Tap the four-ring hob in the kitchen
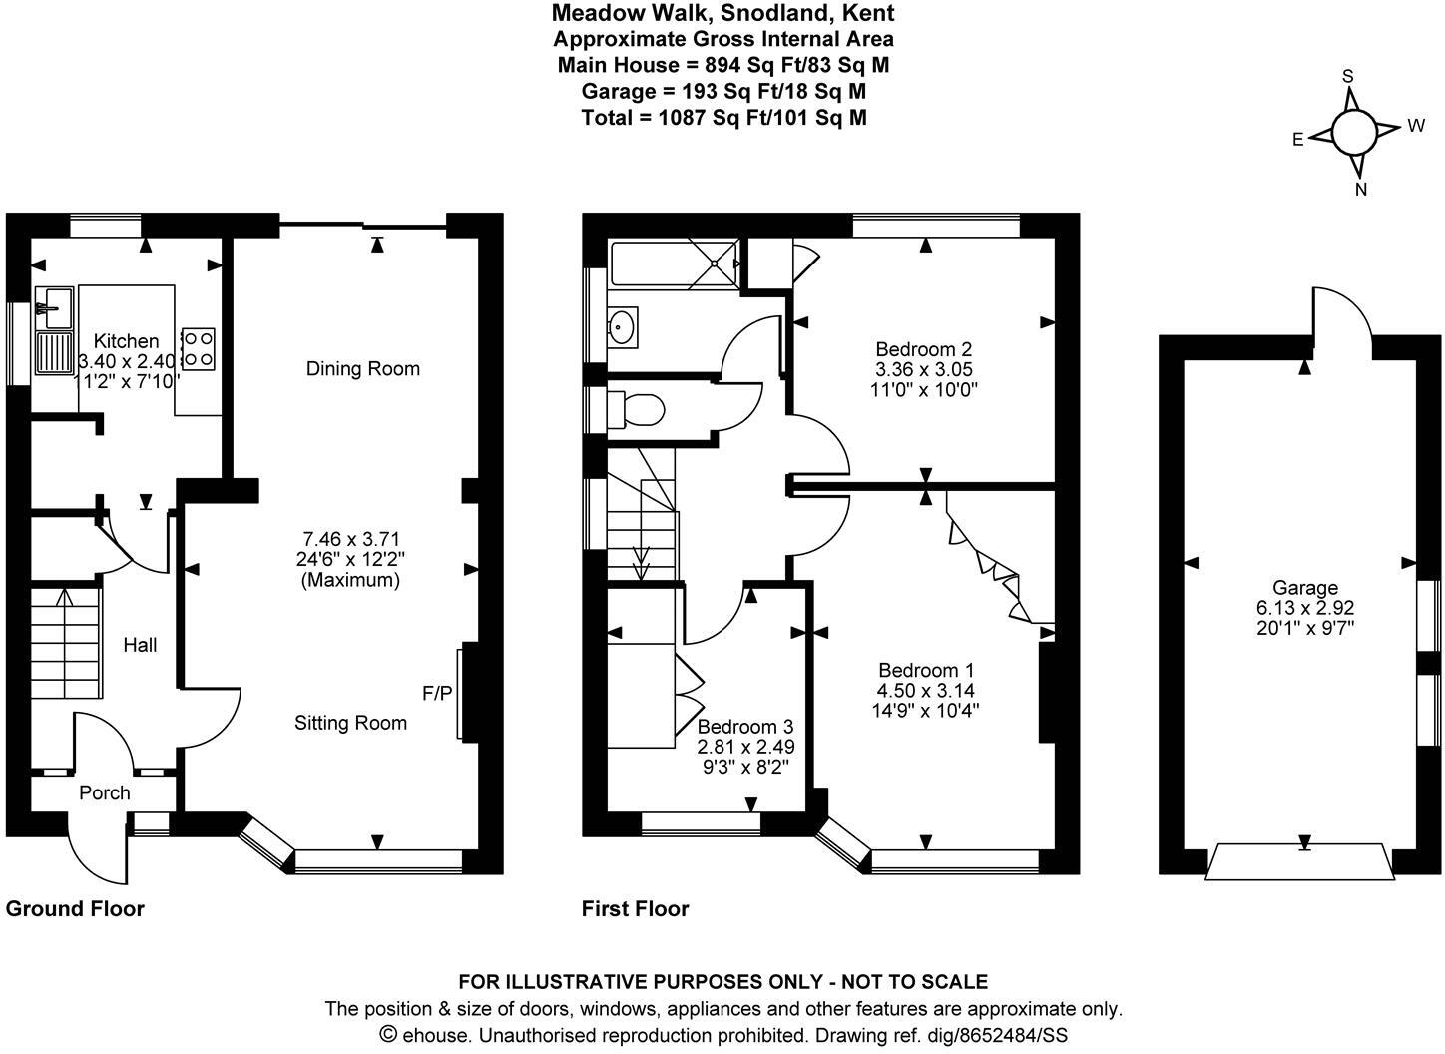pyautogui.click(x=199, y=347)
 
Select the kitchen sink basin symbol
pyautogui.click(x=54, y=300)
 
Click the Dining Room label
pyautogui.click(x=362, y=369)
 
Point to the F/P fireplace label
pyautogui.click(x=437, y=693)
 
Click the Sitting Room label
pyautogui.click(x=350, y=723)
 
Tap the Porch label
pyautogui.click(x=105, y=793)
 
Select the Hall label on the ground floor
pyautogui.click(x=140, y=646)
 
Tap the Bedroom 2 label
pyautogui.click(x=923, y=349)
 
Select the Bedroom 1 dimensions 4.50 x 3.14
pyautogui.click(x=925, y=691)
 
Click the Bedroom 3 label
pyautogui.click(x=744, y=727)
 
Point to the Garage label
pyautogui.click(x=1304, y=588)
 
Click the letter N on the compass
pyautogui.click(x=1361, y=189)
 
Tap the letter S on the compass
pyautogui.click(x=1347, y=76)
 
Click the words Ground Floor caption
pyautogui.click(x=75, y=909)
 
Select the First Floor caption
pyautogui.click(x=635, y=909)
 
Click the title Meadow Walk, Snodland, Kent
pyautogui.click(x=723, y=13)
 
